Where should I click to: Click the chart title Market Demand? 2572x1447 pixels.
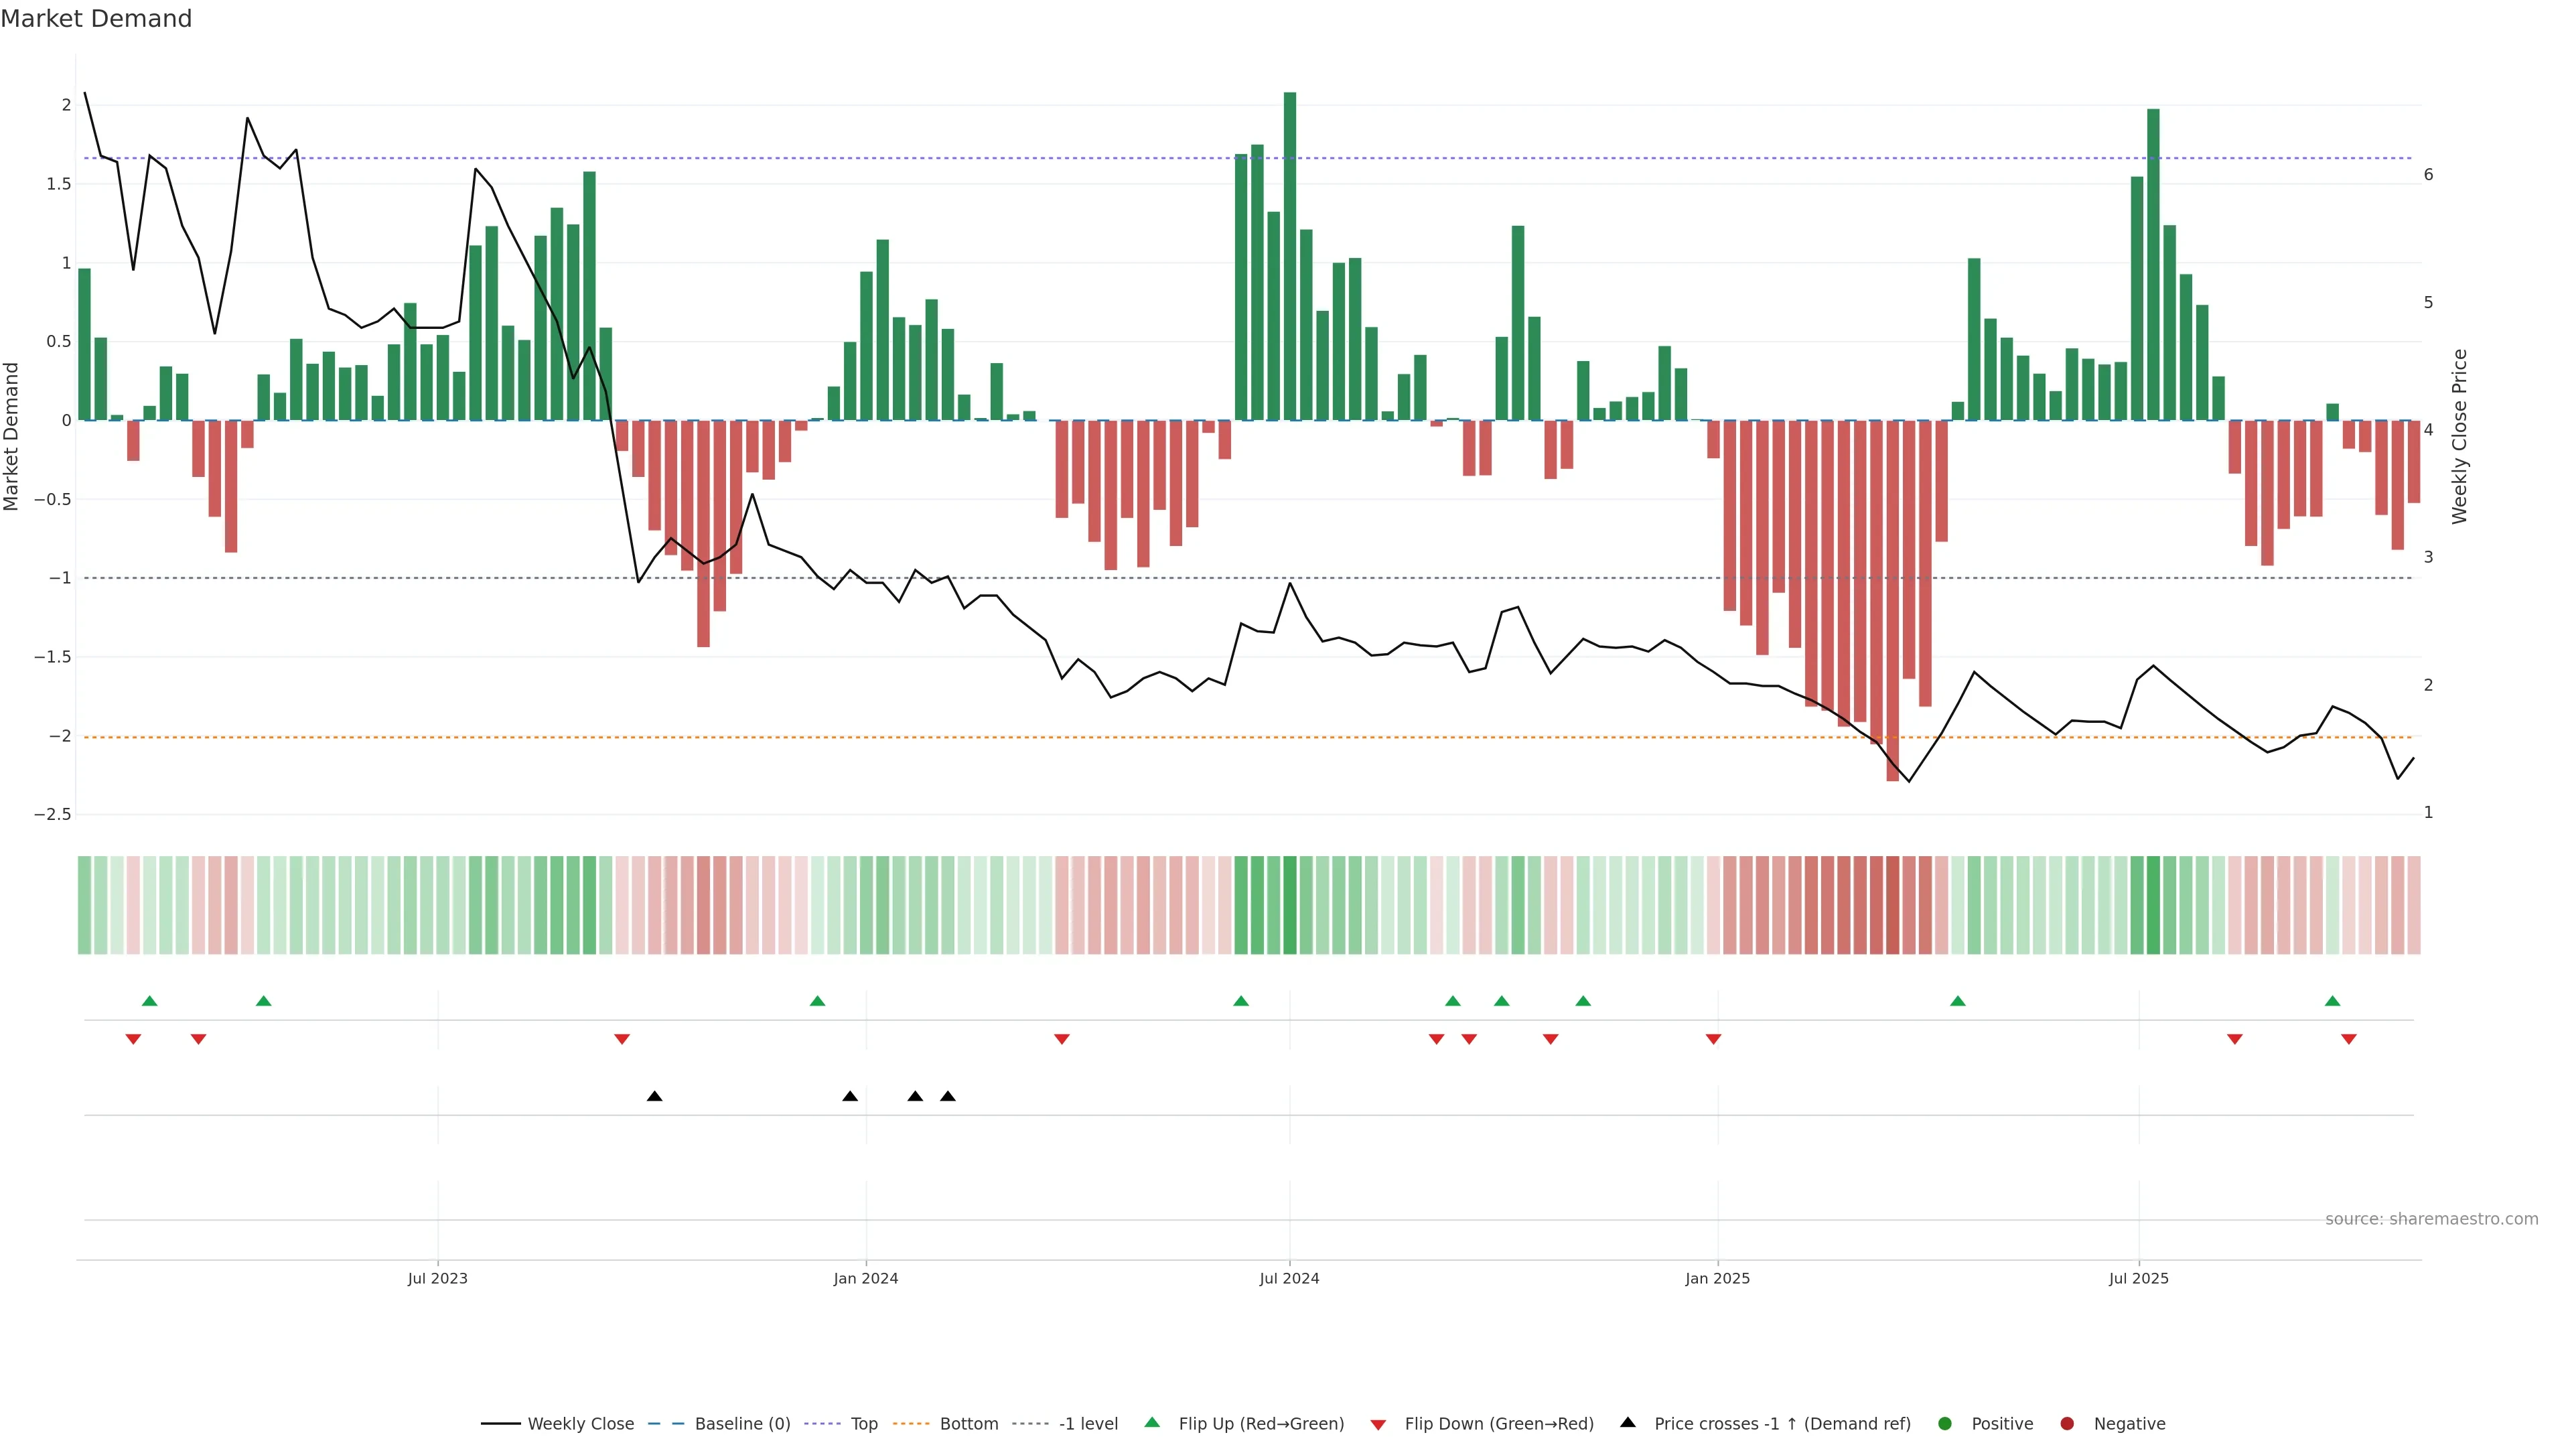coord(96,19)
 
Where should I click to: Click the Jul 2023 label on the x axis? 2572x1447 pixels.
coord(437,1278)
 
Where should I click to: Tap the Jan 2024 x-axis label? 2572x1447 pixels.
coord(865,1278)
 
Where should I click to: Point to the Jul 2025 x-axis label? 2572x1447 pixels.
coord(2139,1278)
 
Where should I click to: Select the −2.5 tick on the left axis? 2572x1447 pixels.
coord(53,815)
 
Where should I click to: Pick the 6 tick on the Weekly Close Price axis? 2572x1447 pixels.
coord(2428,175)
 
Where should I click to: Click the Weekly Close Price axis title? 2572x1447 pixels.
coord(2459,436)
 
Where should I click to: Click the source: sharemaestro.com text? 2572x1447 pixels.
coord(2431,1219)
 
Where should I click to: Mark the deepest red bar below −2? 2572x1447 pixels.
coord(1892,599)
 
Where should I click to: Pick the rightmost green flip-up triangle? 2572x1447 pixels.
coord(2332,1001)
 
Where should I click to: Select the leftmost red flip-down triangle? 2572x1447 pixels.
coord(133,1040)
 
